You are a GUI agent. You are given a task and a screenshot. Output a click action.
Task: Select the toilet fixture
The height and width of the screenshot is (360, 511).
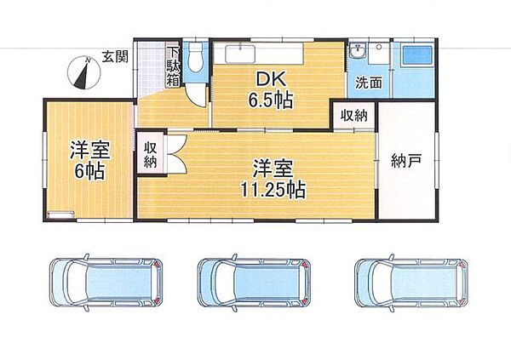[196, 59]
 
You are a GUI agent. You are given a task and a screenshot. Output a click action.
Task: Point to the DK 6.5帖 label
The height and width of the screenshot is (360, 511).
[272, 89]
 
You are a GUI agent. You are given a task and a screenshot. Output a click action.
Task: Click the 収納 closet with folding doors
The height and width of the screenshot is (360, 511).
[150, 155]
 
